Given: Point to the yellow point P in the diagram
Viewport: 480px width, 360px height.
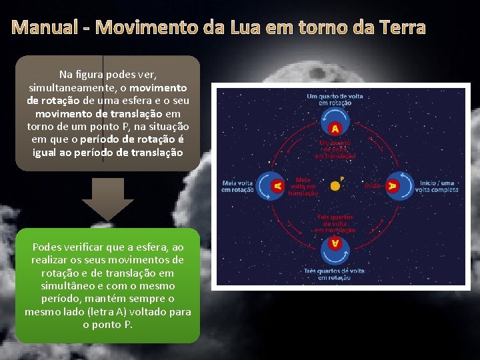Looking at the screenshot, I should pyautogui.click(x=335, y=185).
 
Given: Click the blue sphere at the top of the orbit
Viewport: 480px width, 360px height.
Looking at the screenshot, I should pyautogui.click(x=335, y=127).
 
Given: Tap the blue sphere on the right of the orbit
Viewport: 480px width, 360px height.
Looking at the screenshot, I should pyautogui.click(x=393, y=186).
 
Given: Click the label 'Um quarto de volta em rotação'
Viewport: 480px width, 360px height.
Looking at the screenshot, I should pyautogui.click(x=335, y=99).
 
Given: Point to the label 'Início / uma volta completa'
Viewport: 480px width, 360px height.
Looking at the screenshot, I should pyautogui.click(x=438, y=186).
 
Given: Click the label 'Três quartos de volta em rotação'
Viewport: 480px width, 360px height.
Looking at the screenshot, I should pyautogui.click(x=335, y=274).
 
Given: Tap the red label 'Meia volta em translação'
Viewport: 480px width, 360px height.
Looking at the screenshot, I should pyautogui.click(x=304, y=186).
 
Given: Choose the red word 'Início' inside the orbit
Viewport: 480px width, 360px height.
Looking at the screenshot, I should pyautogui.click(x=372, y=185).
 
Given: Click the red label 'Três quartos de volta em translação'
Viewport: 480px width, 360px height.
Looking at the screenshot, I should pyautogui.click(x=335, y=224).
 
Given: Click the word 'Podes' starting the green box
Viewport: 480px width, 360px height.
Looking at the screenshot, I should pyautogui.click(x=46, y=247).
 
